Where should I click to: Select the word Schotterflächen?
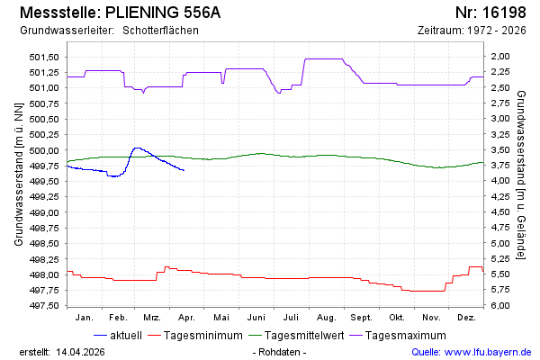160,31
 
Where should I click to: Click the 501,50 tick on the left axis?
43,57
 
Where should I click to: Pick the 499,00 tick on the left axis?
43,212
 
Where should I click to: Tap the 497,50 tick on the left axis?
43,306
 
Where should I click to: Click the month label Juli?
291,318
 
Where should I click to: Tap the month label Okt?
396,318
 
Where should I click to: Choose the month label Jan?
85,318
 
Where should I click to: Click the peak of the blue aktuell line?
136,148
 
